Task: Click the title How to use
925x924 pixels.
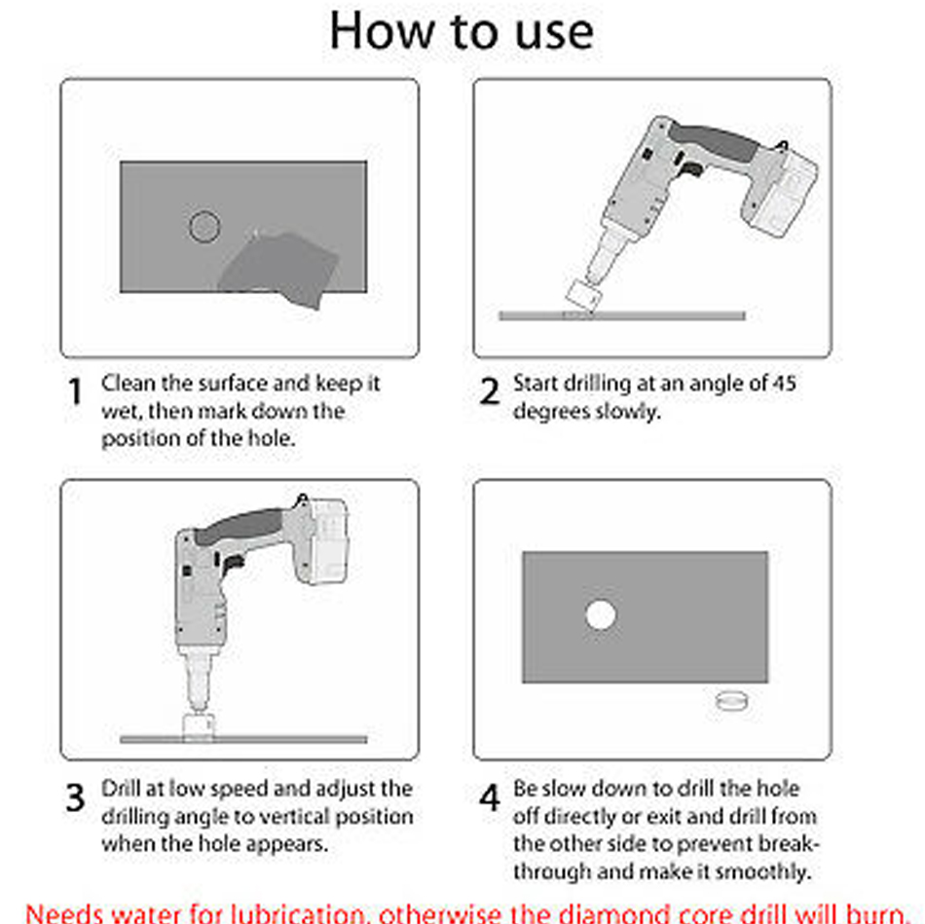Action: point(462,31)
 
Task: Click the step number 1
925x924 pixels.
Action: point(75,391)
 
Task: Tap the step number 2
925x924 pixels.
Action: point(489,391)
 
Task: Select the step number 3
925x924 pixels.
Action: point(75,797)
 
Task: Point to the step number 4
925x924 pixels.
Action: point(490,797)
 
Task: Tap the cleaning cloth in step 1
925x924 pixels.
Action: point(279,269)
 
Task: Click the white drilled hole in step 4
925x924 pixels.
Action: point(601,614)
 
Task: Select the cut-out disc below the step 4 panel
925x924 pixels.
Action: point(731,701)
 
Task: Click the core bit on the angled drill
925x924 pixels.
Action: point(583,295)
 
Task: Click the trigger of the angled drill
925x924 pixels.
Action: point(691,169)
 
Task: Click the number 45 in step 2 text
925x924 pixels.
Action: point(784,384)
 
